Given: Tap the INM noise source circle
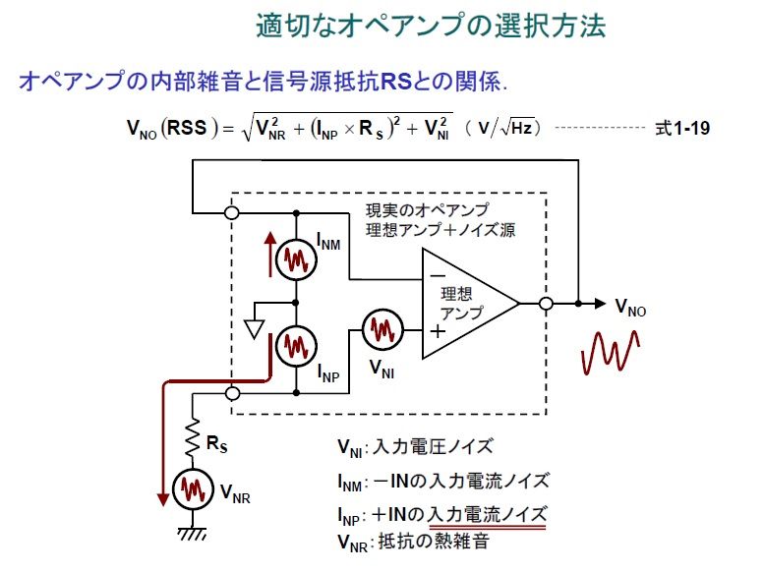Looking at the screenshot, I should [295, 259].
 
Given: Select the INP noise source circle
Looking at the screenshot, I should [295, 345].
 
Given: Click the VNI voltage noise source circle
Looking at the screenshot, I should [381, 331].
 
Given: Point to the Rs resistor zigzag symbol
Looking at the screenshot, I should [194, 441].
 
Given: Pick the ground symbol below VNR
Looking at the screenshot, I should [194, 535].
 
